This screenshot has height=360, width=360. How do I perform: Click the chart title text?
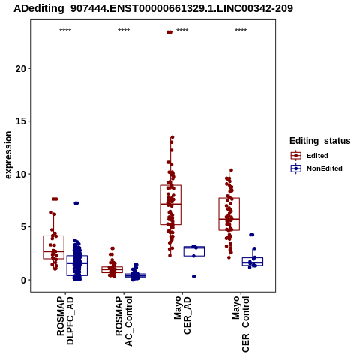click(x=153, y=8)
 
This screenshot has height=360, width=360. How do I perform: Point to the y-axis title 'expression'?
click(x=8, y=155)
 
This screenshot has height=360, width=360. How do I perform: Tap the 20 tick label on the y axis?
click(x=21, y=68)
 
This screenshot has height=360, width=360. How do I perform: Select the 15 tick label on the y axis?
click(x=21, y=121)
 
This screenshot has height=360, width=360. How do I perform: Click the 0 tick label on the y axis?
click(x=23, y=280)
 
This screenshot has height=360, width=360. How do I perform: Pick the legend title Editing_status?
click(x=320, y=141)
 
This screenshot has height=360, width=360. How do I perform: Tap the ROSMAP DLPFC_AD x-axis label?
click(x=65, y=320)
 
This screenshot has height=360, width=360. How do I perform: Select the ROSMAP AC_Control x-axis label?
click(x=124, y=321)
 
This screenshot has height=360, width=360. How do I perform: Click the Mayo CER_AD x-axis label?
click(x=182, y=315)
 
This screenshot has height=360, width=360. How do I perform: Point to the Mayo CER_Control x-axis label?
click(x=241, y=324)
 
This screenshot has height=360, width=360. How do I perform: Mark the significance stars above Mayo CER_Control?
click(x=241, y=31)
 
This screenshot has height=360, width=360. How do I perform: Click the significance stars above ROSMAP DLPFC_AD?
click(x=65, y=31)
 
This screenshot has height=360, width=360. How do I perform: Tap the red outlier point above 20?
click(x=169, y=32)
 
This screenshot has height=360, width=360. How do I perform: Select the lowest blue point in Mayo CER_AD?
click(x=193, y=276)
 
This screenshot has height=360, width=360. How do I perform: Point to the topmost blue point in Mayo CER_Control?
click(x=252, y=235)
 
